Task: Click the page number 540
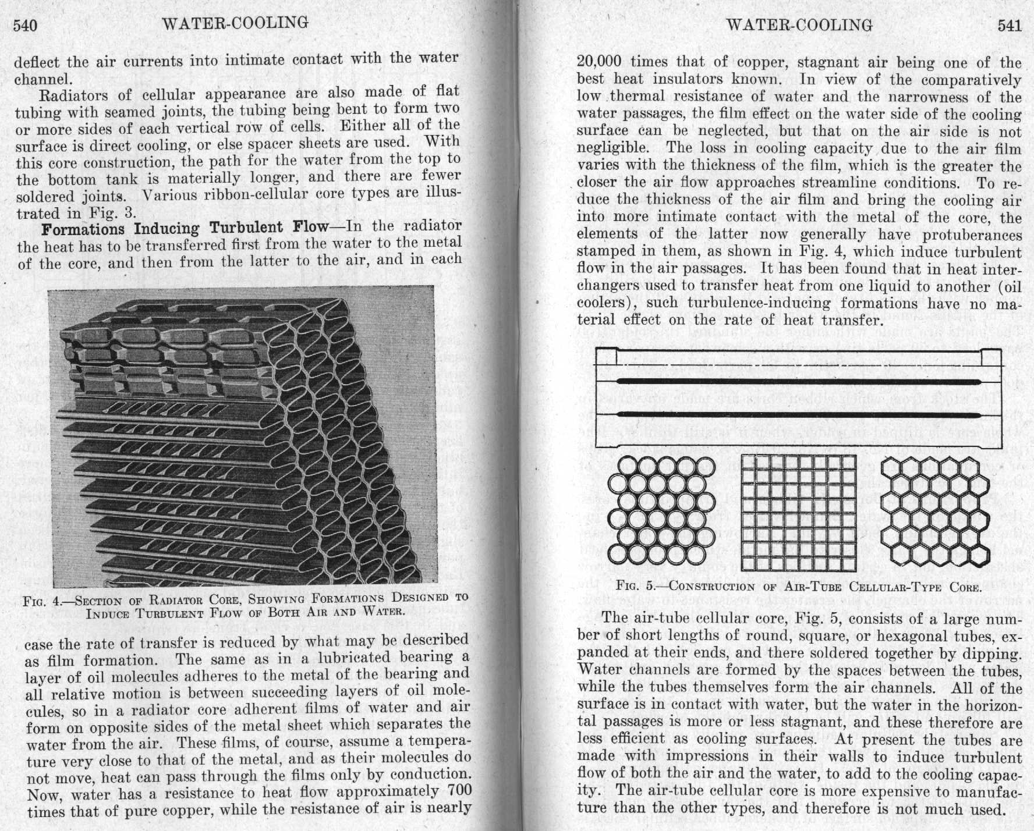25,25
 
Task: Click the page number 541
1009,25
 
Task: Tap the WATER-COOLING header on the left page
235,23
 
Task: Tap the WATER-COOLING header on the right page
799,25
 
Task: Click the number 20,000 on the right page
599,62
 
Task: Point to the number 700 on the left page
459,791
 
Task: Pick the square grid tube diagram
798,513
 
